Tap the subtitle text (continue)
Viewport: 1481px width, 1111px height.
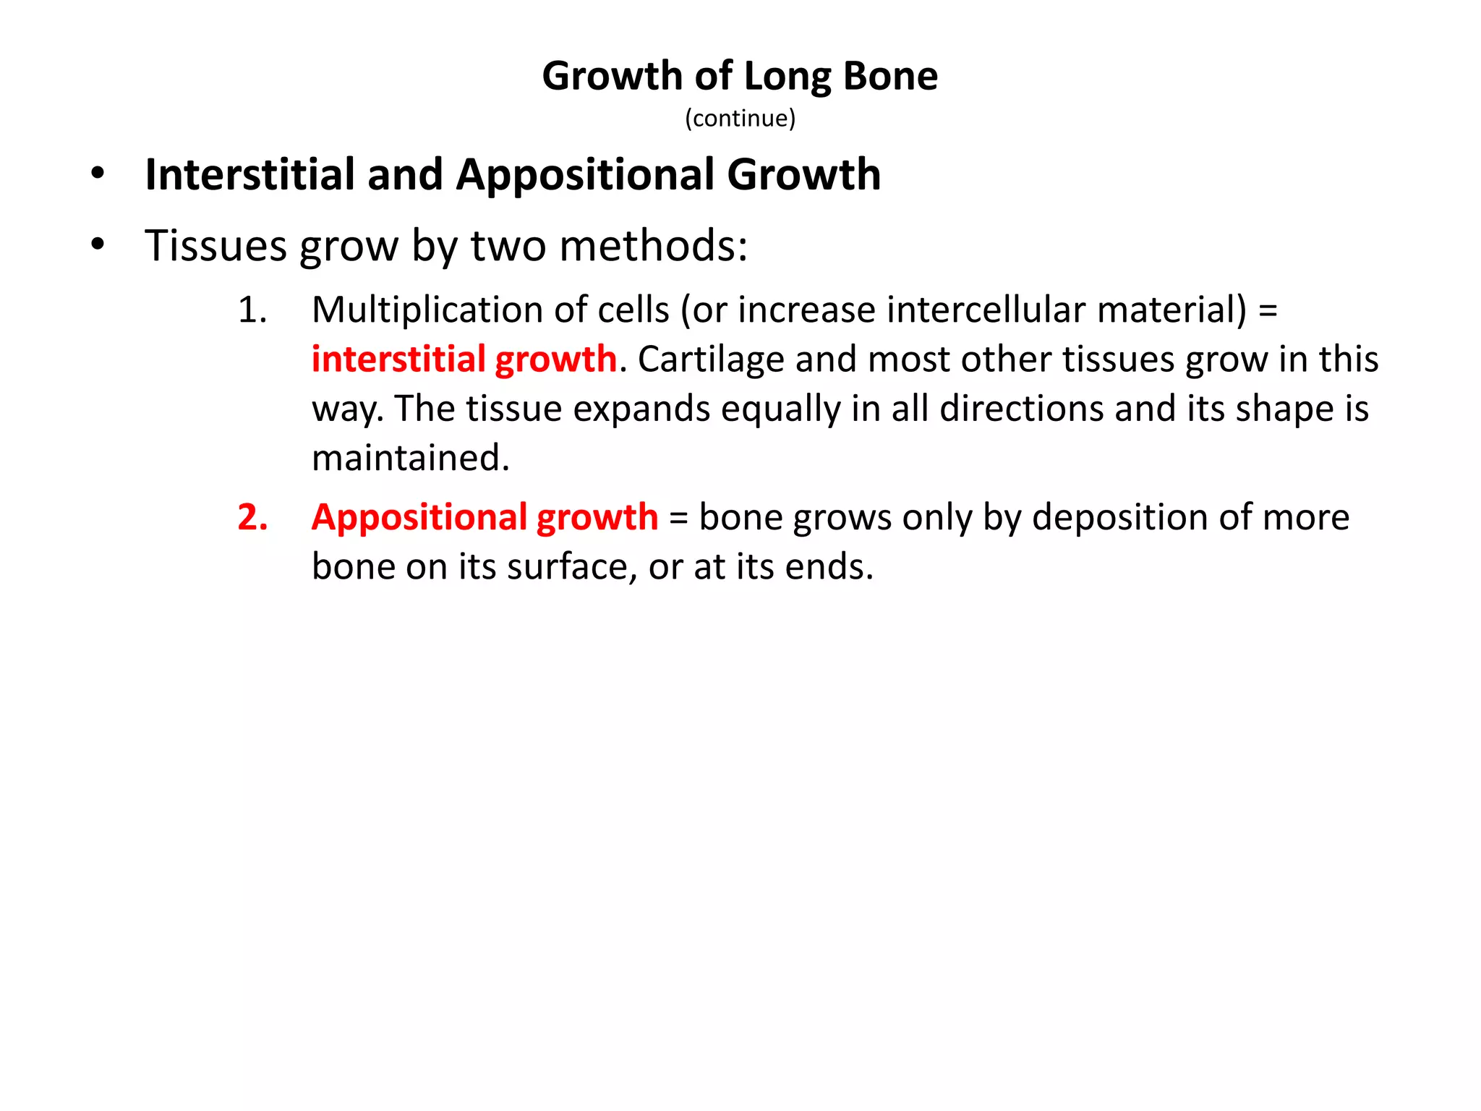coord(740,118)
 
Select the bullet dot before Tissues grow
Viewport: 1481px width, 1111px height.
coord(98,244)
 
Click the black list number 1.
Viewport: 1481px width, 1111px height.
coord(252,310)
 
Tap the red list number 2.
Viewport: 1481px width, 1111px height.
coord(252,517)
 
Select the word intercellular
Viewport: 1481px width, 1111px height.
coord(986,310)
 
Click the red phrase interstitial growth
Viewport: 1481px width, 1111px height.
coord(464,359)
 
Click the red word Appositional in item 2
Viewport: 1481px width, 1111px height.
coord(419,518)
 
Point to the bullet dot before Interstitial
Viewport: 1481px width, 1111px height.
coord(98,174)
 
